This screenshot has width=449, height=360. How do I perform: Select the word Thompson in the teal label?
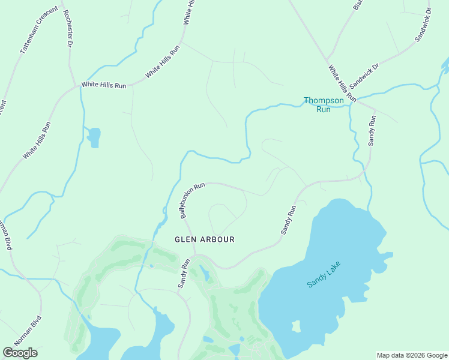click(324, 101)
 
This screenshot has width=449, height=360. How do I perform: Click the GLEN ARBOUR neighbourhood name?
click(204, 239)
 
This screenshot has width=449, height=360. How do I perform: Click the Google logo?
click(20, 352)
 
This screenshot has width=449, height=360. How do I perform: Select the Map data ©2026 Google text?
click(412, 355)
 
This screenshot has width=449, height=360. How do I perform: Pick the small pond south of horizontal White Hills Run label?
click(94, 137)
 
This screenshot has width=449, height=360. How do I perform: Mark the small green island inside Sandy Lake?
click(295, 326)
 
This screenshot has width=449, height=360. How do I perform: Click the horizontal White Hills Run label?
click(104, 85)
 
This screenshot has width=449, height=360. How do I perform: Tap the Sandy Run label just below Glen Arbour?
click(183, 274)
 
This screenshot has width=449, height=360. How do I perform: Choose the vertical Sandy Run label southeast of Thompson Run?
click(372, 130)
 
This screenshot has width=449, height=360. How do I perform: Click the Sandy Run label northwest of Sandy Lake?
click(289, 220)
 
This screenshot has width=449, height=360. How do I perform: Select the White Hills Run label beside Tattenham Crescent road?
click(37, 140)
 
